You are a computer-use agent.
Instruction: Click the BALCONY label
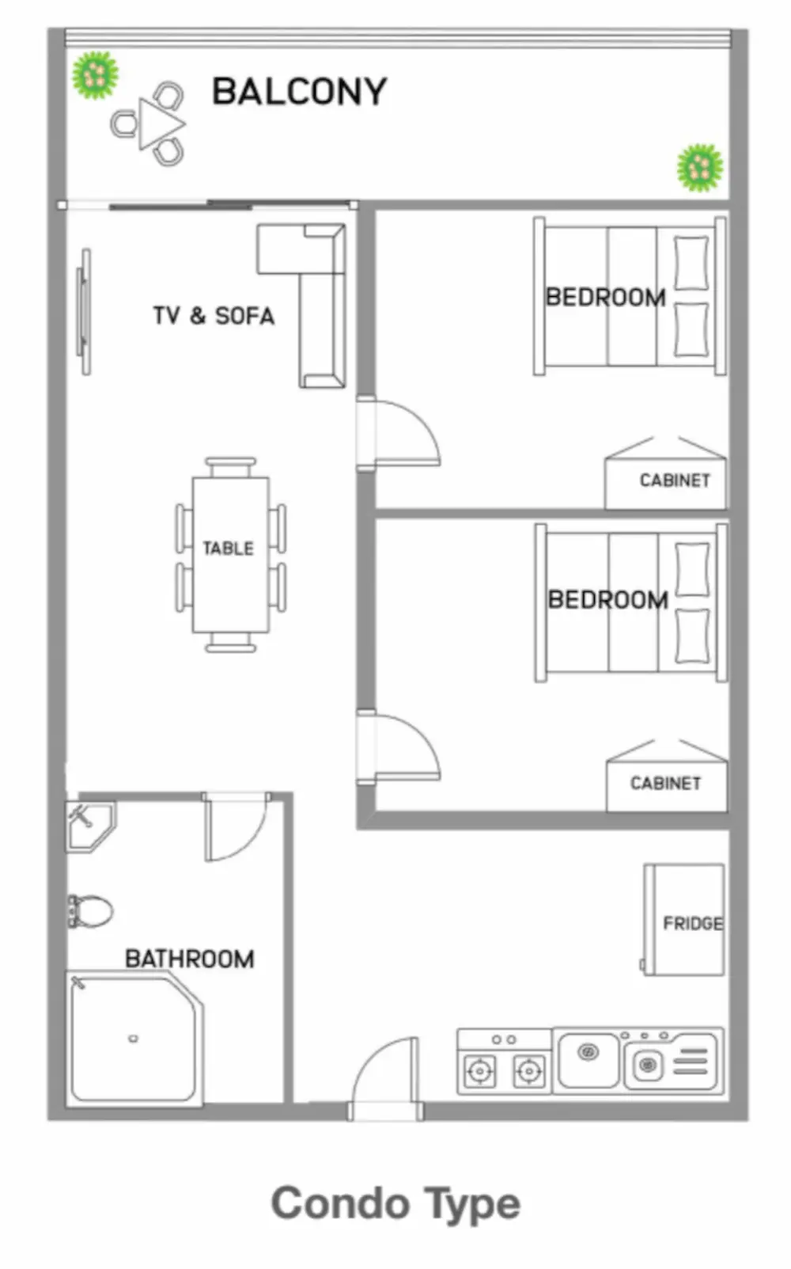tap(300, 91)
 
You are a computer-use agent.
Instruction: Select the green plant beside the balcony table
tap(95, 74)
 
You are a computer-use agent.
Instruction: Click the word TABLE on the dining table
tap(228, 548)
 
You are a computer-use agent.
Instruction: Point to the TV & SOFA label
tap(214, 316)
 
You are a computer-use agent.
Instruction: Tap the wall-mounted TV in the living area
tap(84, 312)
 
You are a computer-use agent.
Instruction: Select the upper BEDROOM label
tap(605, 297)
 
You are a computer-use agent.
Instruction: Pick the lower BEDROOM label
tap(608, 599)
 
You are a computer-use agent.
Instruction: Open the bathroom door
tap(235, 827)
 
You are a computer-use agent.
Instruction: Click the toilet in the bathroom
tap(91, 911)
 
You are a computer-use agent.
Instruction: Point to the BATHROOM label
tap(190, 959)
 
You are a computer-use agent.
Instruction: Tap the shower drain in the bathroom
tap(134, 1039)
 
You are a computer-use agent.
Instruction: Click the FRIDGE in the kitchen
tap(684, 919)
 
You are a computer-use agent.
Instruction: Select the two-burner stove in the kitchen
tap(505, 1062)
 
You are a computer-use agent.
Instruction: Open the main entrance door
tap(386, 1077)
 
